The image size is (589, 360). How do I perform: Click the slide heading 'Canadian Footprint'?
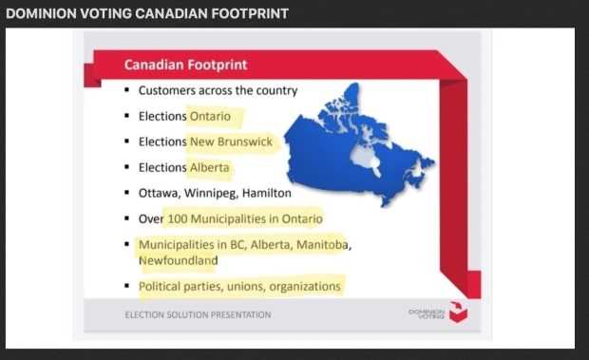[185, 65]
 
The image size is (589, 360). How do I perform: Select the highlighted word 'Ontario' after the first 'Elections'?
[210, 117]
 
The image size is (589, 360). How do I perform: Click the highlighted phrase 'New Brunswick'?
[231, 142]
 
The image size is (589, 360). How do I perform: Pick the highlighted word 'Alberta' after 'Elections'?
[209, 167]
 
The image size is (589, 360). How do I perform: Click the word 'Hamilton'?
[267, 193]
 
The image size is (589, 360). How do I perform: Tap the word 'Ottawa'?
[160, 194]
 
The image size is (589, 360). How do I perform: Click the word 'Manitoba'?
[323, 245]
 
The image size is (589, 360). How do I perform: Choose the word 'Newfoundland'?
[178, 260]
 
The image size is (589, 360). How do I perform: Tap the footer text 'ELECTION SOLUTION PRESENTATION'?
[198, 314]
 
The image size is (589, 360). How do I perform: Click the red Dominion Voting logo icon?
[458, 312]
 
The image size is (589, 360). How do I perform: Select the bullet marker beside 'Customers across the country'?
[127, 89]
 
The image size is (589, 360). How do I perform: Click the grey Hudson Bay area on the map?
[364, 157]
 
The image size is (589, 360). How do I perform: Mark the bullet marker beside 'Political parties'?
[127, 286]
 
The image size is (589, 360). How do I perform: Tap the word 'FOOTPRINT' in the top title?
[250, 13]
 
